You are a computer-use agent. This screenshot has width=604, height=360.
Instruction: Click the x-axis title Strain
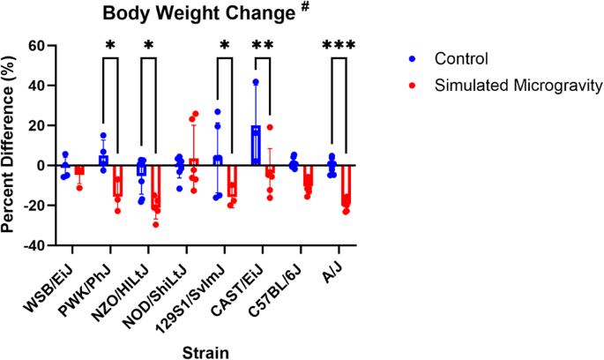coord(205,352)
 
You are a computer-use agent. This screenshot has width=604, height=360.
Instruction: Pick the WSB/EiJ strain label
coord(55,287)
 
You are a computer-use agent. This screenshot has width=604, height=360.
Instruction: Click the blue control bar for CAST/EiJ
coord(256,146)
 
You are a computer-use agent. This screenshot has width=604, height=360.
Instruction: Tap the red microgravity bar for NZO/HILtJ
coord(155,185)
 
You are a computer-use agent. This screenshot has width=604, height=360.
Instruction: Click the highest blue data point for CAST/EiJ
coord(256,82)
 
